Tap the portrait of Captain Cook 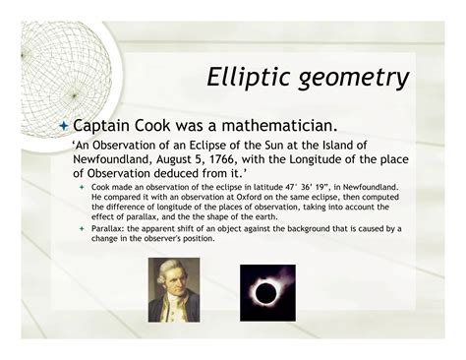coord(174,289)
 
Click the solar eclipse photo coord(266,291)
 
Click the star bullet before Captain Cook coord(65,126)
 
